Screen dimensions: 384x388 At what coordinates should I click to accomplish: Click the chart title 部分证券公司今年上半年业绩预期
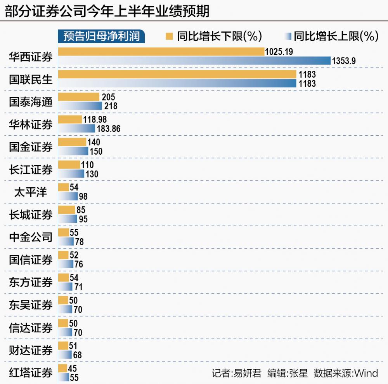[x=107, y=11]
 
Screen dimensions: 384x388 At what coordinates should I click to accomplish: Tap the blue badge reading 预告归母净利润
[x=102, y=36]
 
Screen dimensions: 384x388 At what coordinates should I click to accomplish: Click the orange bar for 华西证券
[x=161, y=52]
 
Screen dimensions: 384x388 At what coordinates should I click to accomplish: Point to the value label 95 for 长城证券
[x=83, y=220]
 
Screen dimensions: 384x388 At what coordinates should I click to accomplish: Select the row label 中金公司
[x=31, y=237]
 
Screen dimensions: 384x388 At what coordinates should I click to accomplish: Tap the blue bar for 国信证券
[x=66, y=264]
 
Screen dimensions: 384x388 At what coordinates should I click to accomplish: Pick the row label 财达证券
[x=31, y=350]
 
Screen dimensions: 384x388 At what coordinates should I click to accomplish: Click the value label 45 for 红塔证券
[x=72, y=368]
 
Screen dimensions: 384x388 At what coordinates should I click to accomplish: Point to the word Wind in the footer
[x=366, y=373]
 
